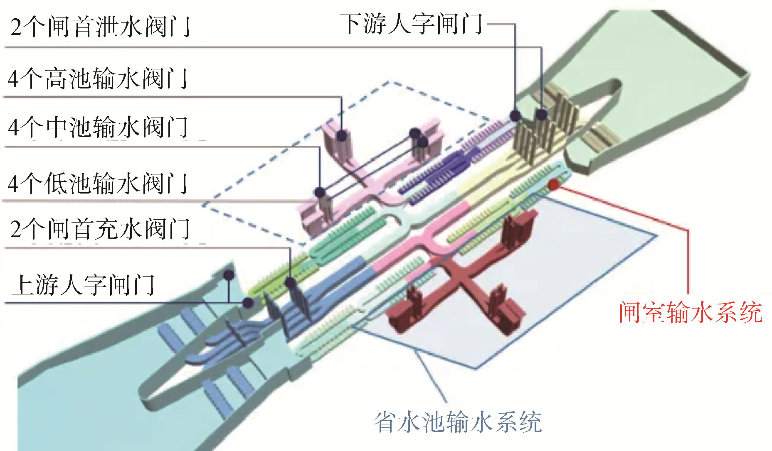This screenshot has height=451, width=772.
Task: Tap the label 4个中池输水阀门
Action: (x=98, y=127)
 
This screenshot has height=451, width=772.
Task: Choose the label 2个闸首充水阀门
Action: (x=100, y=229)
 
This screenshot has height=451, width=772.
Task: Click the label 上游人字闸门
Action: (x=83, y=285)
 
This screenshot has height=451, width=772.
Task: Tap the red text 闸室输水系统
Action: (x=690, y=312)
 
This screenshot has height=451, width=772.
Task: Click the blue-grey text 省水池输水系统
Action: (x=458, y=422)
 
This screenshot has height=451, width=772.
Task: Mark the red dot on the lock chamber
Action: (x=553, y=185)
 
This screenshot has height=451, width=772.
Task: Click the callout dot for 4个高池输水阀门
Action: (x=342, y=135)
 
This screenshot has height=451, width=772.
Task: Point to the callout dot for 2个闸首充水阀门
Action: (x=291, y=283)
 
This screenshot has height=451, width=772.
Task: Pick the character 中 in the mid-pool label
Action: (x=57, y=127)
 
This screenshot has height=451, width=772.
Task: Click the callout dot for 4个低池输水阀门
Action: (x=319, y=192)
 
